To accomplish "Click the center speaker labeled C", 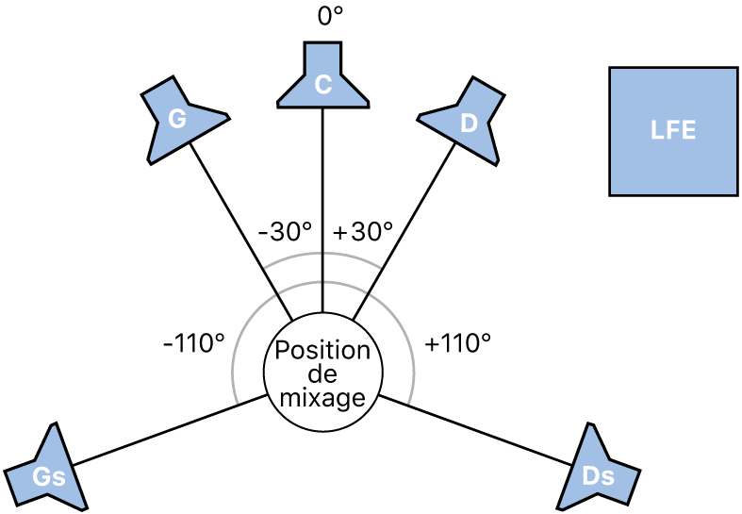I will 322,79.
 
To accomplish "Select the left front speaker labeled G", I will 179,119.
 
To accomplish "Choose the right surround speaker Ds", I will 596,471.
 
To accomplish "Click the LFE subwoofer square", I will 673,131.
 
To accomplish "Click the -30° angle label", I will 285,232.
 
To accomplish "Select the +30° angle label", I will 362,232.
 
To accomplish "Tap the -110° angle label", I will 194,343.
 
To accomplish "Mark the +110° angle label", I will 458,343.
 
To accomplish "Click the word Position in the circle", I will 322,351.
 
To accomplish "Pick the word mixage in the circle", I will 322,398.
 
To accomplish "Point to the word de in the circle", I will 322,375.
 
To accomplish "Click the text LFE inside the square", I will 673,131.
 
